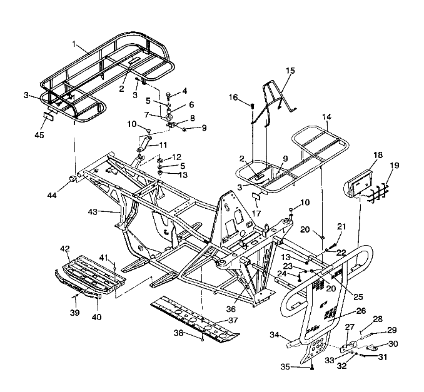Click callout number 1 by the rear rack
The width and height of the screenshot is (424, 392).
click(74, 45)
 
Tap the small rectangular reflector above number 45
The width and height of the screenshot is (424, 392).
click(49, 116)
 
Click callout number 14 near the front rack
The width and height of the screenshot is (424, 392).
click(326, 117)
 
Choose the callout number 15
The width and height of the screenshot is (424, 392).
click(290, 71)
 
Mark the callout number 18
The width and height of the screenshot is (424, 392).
click(378, 153)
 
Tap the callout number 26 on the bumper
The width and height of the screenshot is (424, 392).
click(361, 311)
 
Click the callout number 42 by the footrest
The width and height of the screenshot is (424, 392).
click(65, 249)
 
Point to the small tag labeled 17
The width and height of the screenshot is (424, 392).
click(256, 195)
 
